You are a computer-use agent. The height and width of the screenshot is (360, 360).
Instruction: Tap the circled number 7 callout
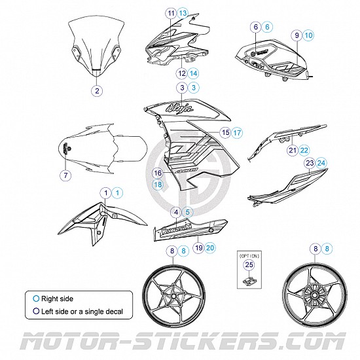[x=65, y=175]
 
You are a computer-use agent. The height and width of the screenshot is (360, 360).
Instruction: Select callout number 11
[x=171, y=13]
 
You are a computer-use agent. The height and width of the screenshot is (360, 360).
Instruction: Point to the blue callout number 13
[x=183, y=13]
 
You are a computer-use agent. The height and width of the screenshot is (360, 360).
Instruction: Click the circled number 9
[x=297, y=35]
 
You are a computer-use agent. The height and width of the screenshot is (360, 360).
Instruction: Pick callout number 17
[x=237, y=132]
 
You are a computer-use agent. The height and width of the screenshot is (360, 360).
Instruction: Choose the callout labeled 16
[x=158, y=173]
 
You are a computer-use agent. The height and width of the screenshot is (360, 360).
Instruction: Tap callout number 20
[x=209, y=247]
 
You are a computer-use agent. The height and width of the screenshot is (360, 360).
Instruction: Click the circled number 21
[x=292, y=151]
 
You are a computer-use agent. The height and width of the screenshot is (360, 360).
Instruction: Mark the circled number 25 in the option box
[x=247, y=264]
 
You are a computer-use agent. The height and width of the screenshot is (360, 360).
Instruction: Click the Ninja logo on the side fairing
[x=182, y=106]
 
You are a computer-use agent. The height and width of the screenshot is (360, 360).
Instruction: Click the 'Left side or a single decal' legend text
[x=82, y=312]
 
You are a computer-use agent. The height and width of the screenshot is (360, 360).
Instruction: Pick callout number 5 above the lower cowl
[x=188, y=211]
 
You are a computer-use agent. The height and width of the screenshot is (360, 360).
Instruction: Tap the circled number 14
[x=193, y=73]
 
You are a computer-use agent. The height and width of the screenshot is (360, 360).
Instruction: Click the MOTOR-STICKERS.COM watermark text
[x=180, y=341]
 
